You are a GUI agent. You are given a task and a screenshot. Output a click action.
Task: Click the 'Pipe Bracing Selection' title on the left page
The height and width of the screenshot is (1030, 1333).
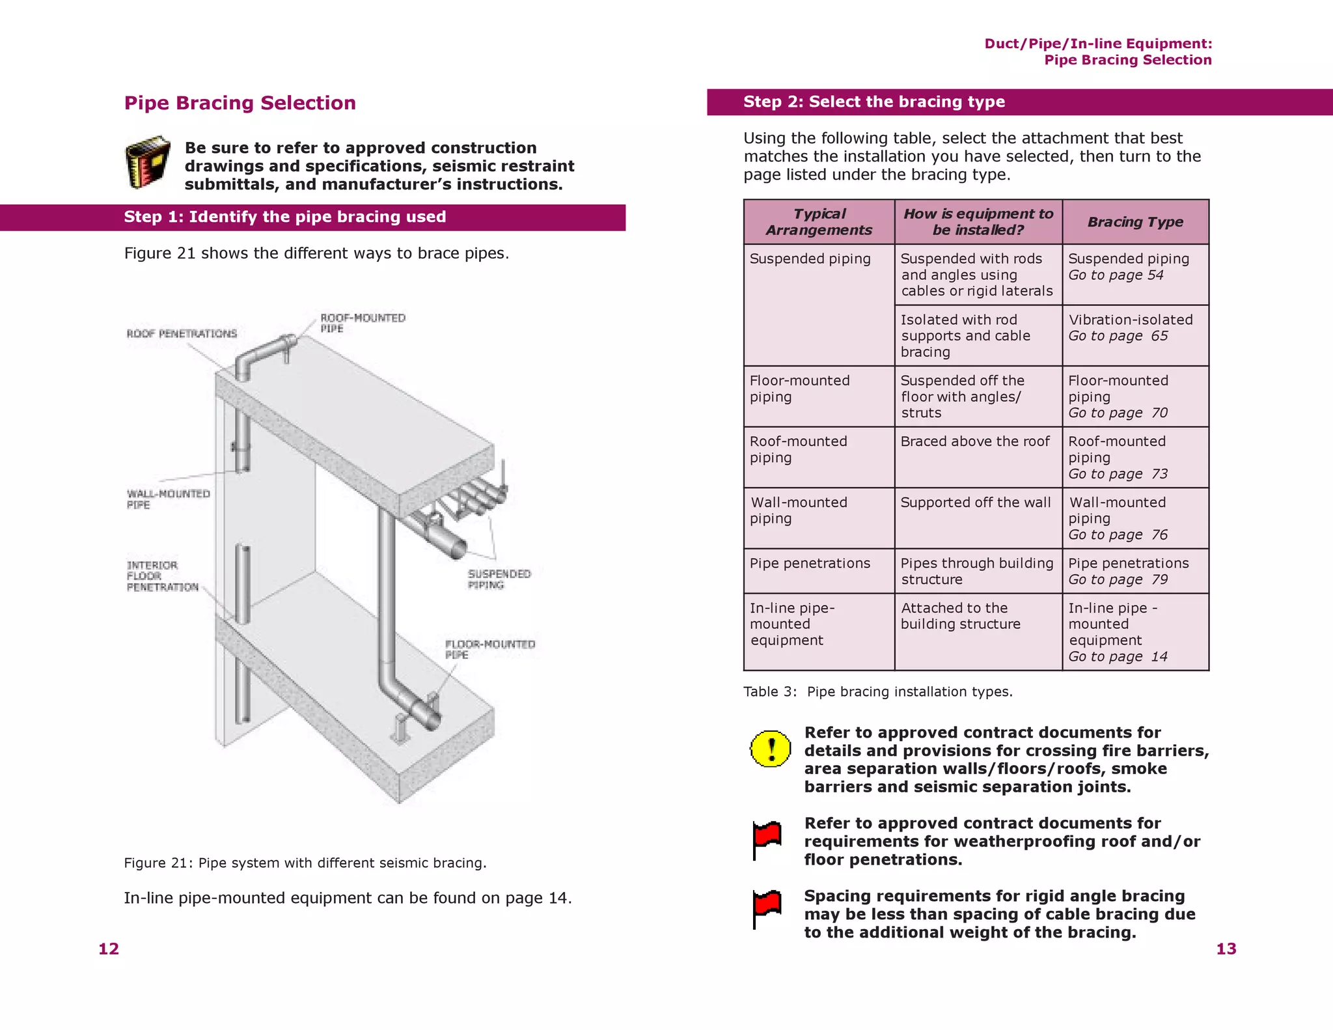tap(240, 103)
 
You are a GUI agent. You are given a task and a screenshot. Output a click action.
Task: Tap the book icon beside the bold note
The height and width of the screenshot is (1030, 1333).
tap(147, 162)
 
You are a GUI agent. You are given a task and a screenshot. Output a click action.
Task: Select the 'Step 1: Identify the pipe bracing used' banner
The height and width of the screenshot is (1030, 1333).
tap(284, 217)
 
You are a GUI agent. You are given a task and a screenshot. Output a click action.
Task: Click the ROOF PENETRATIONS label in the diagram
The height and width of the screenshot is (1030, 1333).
tap(182, 333)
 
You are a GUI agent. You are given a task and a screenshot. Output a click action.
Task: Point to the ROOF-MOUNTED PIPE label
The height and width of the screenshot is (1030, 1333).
tap(362, 323)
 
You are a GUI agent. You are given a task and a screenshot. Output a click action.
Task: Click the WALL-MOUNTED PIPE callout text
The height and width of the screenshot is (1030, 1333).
tap(167, 499)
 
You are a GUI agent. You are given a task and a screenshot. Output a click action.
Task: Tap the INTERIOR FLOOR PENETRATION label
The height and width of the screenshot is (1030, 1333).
tap(162, 576)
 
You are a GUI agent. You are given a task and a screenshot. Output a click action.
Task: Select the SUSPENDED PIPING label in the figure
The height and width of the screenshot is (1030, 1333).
tap(499, 579)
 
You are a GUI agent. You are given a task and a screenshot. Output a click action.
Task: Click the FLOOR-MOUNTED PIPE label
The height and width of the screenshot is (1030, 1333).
tap(489, 649)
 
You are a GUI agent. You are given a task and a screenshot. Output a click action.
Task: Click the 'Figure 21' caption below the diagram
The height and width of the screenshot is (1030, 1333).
tap(305, 863)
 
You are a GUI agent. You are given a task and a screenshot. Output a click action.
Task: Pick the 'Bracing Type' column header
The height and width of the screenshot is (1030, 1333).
tap(1135, 222)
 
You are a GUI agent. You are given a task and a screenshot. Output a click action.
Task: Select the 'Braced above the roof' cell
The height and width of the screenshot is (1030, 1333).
tap(974, 441)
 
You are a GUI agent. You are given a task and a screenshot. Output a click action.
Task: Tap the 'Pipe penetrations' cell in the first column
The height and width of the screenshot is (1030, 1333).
tap(809, 563)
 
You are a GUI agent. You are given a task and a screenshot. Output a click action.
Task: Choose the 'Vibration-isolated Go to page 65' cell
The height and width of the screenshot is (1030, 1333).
tap(1130, 327)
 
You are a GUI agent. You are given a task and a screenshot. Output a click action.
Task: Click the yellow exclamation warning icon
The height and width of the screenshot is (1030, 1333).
tap(771, 748)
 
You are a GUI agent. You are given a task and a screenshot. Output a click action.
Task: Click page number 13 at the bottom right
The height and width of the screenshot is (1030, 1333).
tap(1226, 949)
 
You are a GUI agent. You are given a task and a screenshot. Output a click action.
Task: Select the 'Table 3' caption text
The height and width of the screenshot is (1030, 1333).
tap(877, 691)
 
